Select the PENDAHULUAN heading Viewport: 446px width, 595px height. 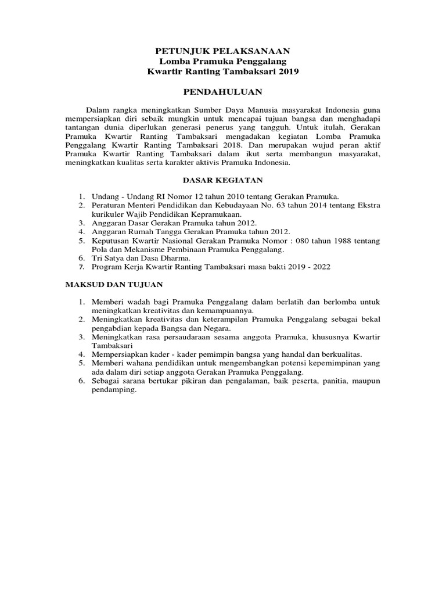(223, 92)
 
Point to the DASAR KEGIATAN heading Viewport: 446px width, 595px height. (223, 181)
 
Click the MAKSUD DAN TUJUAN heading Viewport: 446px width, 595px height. (113, 285)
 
